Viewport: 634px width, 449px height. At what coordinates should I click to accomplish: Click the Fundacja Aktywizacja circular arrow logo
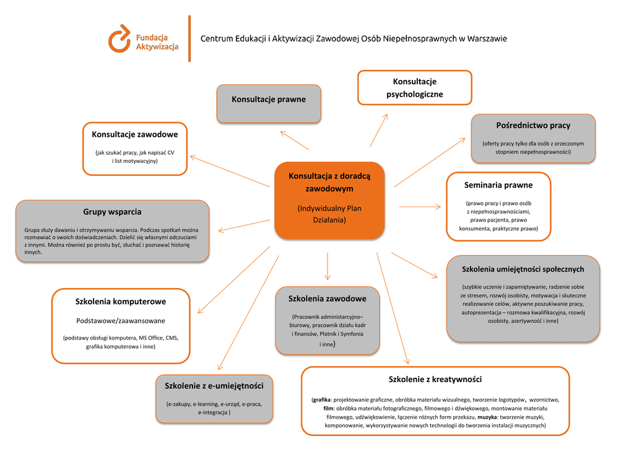click(119, 38)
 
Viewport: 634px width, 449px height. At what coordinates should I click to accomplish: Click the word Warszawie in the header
click(487, 38)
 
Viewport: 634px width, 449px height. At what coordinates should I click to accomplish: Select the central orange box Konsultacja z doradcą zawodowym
click(329, 199)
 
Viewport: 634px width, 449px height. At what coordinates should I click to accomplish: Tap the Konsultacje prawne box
click(269, 103)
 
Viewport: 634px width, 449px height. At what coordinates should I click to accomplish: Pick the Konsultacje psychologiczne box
click(415, 87)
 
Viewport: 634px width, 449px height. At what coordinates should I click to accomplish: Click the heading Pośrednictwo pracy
click(533, 125)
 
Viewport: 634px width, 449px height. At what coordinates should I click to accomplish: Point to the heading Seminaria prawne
click(498, 185)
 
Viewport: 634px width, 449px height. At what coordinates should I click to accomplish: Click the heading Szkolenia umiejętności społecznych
click(523, 269)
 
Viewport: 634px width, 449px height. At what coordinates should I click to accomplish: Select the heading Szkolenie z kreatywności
click(435, 379)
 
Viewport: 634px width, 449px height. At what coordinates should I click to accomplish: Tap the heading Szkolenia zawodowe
click(327, 299)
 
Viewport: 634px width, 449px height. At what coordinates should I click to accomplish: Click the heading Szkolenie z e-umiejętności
click(214, 385)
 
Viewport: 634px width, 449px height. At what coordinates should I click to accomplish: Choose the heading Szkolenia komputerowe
click(121, 302)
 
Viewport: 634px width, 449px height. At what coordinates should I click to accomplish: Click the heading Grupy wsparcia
click(112, 212)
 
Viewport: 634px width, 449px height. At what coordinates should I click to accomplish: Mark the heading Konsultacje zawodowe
click(135, 134)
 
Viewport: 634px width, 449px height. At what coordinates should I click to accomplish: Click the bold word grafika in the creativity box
click(321, 400)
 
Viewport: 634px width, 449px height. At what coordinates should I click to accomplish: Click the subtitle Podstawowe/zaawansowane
click(121, 320)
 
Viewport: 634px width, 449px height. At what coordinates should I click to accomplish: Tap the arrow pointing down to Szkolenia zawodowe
click(328, 266)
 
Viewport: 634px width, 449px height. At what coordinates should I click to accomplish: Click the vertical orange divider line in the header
click(189, 38)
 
